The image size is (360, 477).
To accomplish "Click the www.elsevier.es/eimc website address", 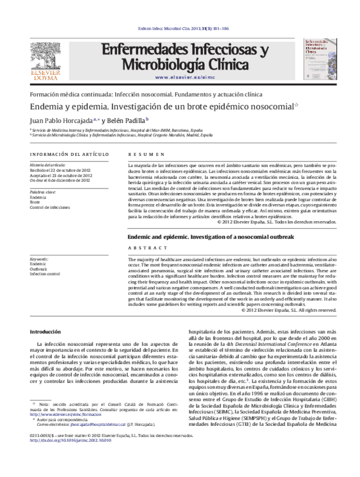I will pos(185,77).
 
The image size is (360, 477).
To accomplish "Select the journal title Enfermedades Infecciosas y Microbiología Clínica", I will pos(184,57).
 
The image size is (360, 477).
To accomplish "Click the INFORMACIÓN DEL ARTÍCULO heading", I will pos(69,154).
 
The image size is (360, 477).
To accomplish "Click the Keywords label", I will pos(39,259).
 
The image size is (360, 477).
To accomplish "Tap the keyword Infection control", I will pos(45,274).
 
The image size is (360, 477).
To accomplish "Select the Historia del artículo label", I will pos(47,165).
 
